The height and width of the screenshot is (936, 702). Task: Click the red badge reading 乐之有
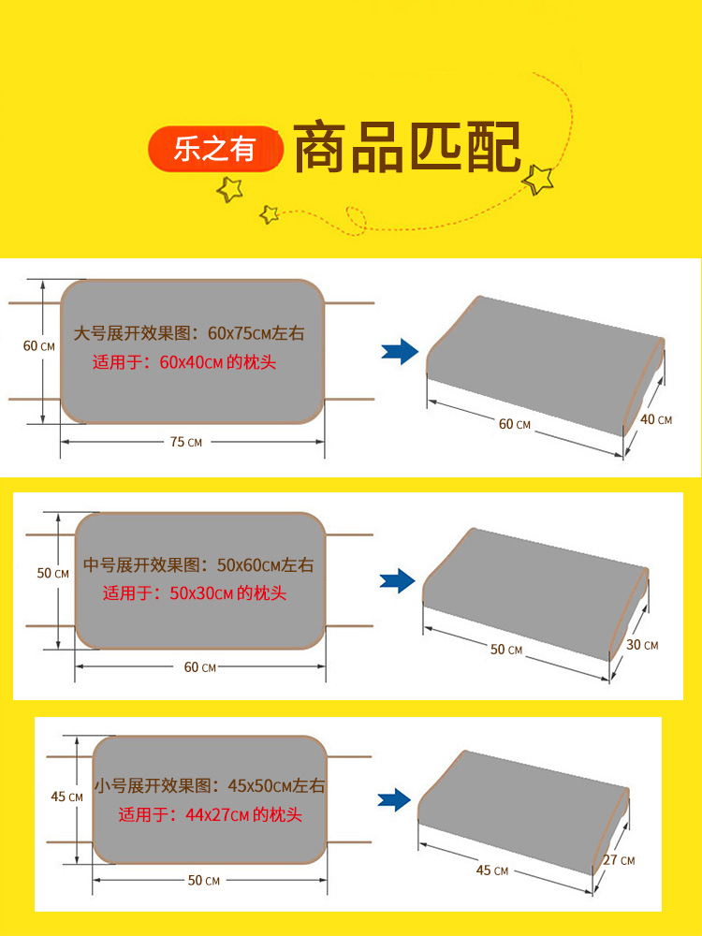pos(216,150)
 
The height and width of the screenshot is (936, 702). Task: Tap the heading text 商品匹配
pos(408,148)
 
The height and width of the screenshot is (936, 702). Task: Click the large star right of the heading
pos(539,178)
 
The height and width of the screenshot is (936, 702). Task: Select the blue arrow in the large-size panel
pos(400,352)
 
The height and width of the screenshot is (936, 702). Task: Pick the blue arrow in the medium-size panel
pos(397,581)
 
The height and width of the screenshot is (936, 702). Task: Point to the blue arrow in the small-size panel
pos(395,799)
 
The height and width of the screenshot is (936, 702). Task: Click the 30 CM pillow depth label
pos(642,645)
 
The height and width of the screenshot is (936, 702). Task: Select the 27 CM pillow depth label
pos(620,860)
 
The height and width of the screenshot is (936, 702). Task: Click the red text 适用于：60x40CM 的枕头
pos(184,362)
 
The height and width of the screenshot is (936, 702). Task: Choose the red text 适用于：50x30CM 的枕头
pos(195,592)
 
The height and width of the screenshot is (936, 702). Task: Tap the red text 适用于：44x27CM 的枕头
pos(210,815)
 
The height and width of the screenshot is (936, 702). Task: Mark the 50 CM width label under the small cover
pos(203,881)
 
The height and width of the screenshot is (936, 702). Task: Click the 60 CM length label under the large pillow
pos(514,424)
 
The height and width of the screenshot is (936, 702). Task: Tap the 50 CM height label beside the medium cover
pos(52,573)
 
